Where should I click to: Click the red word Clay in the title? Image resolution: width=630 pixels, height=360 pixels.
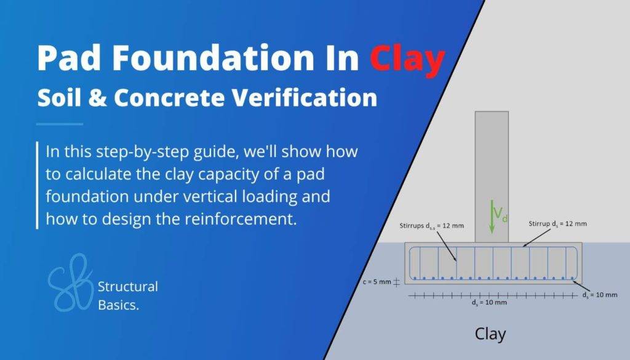point(407,60)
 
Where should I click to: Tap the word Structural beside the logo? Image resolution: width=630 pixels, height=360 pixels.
point(128,286)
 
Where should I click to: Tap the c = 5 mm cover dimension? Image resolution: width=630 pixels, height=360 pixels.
point(374,282)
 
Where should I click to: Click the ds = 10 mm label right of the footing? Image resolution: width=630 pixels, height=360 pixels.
point(599,295)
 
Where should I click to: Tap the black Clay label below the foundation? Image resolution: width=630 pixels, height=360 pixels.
point(490,334)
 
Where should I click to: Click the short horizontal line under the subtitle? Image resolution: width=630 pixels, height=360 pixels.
point(60,124)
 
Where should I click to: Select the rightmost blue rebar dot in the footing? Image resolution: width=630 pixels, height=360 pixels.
point(573,279)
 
